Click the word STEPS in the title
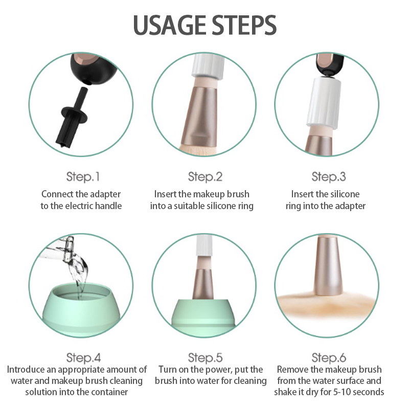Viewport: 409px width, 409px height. pos(244,25)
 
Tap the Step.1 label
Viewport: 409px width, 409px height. pos(83,176)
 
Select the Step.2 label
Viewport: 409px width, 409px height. pos(206,176)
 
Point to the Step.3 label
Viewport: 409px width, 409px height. pos(329,176)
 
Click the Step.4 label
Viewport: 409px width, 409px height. pos(83,357)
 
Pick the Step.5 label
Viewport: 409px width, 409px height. pos(206,357)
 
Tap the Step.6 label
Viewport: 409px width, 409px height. pos(329,357)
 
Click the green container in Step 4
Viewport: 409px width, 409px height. pos(81,310)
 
